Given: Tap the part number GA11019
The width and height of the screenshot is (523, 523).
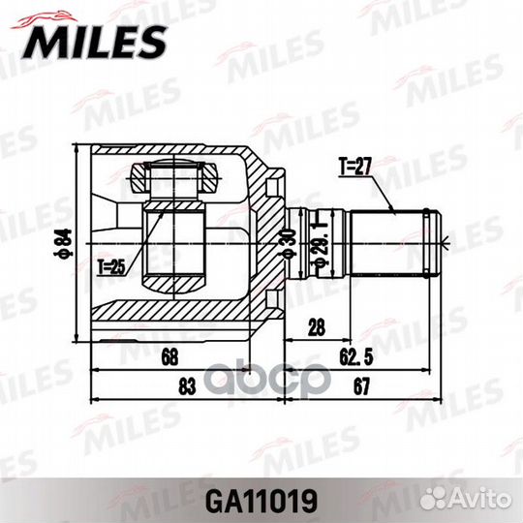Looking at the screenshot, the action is click(261, 501).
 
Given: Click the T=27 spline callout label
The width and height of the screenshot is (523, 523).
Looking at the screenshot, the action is click(355, 167).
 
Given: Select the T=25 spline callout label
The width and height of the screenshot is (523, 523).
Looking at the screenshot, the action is click(111, 267).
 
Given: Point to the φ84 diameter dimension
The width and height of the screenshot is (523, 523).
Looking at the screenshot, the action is click(63, 243).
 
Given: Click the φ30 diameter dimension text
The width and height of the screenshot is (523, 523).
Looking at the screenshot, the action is click(289, 243).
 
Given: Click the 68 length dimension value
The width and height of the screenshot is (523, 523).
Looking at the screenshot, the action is click(170, 356).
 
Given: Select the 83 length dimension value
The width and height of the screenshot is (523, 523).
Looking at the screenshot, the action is click(187, 386).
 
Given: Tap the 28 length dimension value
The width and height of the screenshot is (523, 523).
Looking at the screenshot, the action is click(316, 327).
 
